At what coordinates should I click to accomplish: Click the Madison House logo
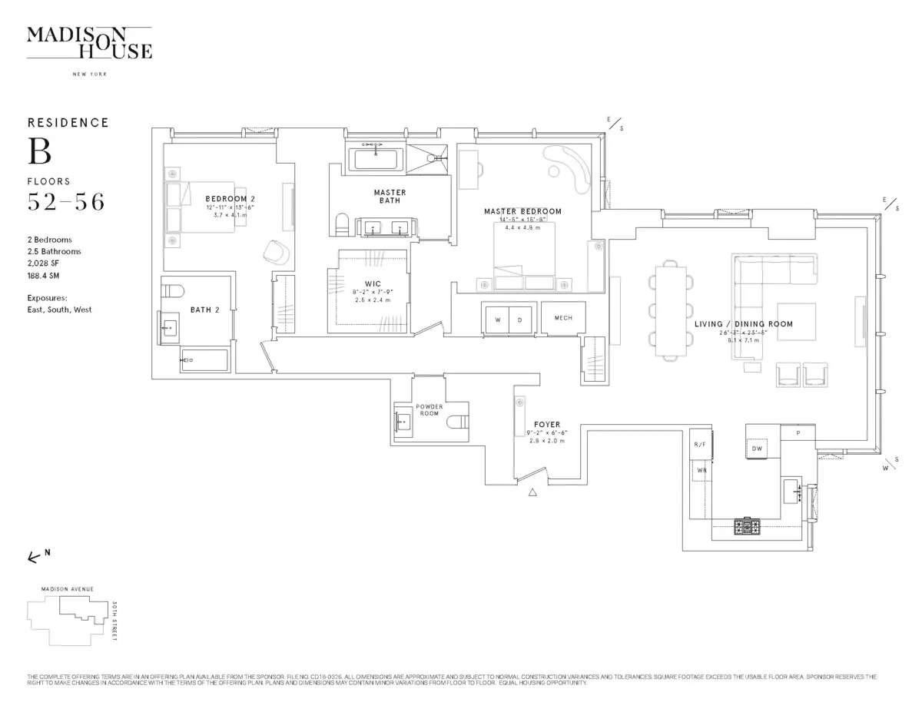click(x=89, y=42)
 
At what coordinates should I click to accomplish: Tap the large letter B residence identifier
click(x=40, y=151)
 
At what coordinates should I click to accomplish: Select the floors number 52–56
click(x=66, y=203)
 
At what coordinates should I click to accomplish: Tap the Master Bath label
click(x=390, y=196)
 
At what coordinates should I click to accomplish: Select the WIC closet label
click(x=373, y=284)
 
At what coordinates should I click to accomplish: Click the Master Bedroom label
click(x=522, y=211)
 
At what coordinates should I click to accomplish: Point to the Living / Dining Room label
click(x=743, y=324)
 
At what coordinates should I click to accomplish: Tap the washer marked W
click(x=496, y=319)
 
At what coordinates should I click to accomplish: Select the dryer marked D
click(x=519, y=319)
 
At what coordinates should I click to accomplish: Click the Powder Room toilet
click(x=458, y=421)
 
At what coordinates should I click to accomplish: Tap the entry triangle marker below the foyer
click(x=532, y=495)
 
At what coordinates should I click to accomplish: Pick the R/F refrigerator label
click(x=699, y=445)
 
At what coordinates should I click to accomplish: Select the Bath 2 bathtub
click(x=204, y=360)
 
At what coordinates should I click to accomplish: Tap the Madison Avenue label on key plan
click(x=68, y=588)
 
